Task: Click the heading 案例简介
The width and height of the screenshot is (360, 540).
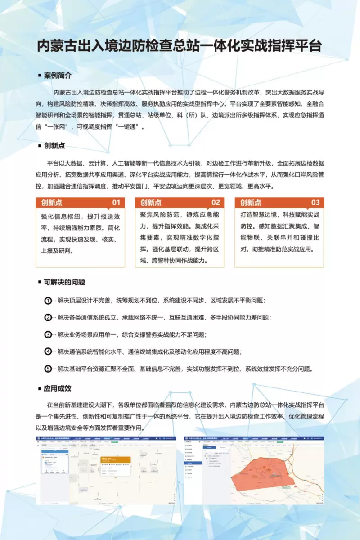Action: (58, 75)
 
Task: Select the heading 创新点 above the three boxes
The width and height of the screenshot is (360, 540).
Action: (54, 146)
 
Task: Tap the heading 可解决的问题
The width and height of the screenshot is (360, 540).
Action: (64, 282)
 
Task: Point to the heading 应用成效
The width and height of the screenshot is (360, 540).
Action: (58, 388)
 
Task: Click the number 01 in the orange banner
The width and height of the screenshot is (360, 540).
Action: (116, 202)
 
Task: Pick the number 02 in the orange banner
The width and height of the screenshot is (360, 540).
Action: (216, 202)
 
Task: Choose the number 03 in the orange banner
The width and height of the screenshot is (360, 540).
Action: (315, 202)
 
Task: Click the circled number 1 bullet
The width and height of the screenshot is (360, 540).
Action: (48, 300)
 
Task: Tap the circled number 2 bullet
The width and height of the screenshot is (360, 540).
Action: (48, 317)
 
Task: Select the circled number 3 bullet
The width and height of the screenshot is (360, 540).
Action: (48, 334)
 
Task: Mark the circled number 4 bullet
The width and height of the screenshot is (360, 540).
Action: (48, 351)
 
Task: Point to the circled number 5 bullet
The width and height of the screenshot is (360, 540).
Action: (48, 369)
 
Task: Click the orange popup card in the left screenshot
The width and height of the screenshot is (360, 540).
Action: (115, 463)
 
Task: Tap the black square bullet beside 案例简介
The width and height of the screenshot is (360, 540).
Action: (40, 76)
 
